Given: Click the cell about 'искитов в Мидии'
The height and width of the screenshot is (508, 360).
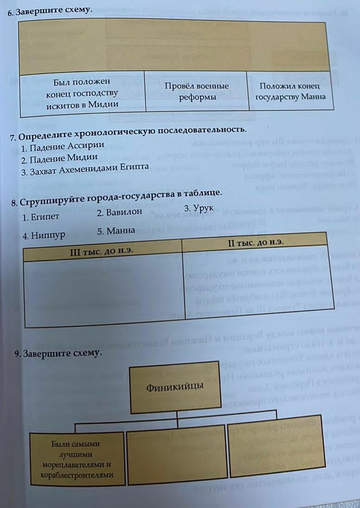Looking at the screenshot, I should pos(82,93).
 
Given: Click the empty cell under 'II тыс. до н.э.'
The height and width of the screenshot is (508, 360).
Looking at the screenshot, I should pos(254,281).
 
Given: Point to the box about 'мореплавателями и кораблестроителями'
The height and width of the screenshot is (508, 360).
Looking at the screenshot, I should pos(77,459).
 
